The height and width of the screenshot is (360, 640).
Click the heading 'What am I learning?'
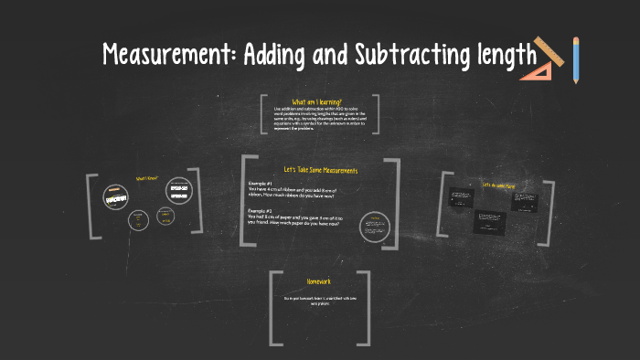pos(317,101)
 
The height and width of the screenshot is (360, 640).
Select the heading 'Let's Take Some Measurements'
pos(320,170)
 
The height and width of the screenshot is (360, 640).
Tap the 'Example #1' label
pos(261,183)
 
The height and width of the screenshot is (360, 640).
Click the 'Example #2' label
pos(261,210)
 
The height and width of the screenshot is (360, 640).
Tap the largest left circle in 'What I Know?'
pos(114,196)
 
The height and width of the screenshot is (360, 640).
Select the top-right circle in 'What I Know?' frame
pos(178,190)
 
